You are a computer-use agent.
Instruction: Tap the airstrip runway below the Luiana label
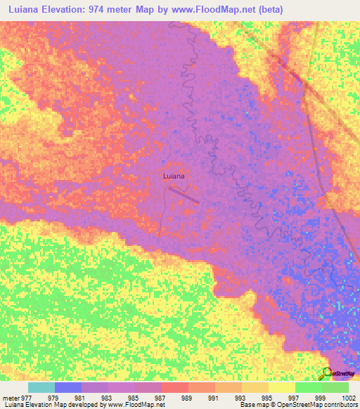pyautogui.click(x=184, y=195)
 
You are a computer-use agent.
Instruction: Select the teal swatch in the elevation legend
pyautogui.click(x=41, y=387)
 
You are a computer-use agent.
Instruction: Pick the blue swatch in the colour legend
pyautogui.click(x=68, y=387)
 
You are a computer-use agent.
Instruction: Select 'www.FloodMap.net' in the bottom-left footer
pyautogui.click(x=132, y=405)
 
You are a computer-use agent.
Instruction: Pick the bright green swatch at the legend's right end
pyautogui.click(x=335, y=387)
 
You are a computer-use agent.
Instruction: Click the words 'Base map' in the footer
pyautogui.click(x=252, y=405)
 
